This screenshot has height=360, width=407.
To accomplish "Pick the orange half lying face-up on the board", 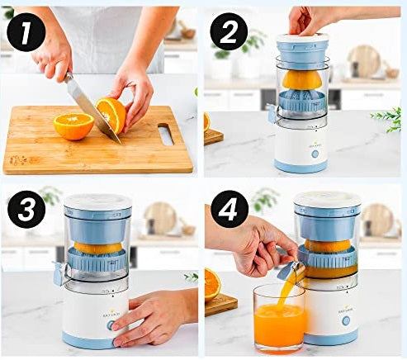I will pos(73,126).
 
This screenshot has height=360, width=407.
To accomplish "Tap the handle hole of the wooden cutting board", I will pos(165,135).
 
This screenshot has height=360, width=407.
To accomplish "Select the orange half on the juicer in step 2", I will pos(302,79).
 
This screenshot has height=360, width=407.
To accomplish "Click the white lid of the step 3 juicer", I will pos(97,201).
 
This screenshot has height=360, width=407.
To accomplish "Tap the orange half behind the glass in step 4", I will pos(212,283).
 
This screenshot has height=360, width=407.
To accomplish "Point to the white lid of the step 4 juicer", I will pos(327,200).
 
